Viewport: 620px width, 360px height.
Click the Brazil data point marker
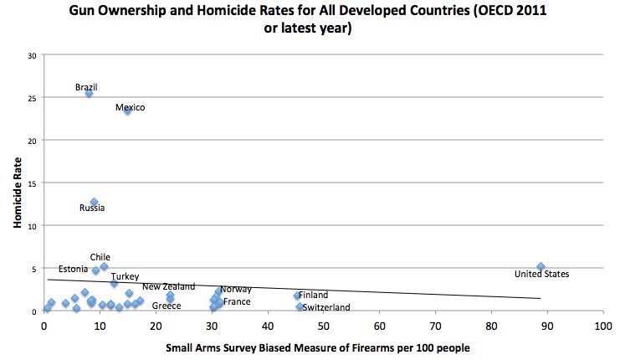pyautogui.click(x=89, y=93)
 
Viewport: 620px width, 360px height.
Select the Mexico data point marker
pyautogui.click(x=127, y=110)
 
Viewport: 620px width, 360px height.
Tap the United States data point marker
pyautogui.click(x=541, y=266)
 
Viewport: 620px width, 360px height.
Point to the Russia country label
pyautogui.click(x=92, y=208)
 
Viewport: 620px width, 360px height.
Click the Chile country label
pyautogui.click(x=100, y=257)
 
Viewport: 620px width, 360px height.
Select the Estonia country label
pyautogui.click(x=73, y=269)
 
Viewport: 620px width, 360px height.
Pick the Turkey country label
pyautogui.click(x=125, y=276)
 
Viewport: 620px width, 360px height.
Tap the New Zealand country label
pyautogui.click(x=168, y=286)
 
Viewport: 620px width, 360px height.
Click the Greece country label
pyautogui.click(x=167, y=306)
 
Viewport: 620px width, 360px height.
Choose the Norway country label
pyautogui.click(x=236, y=289)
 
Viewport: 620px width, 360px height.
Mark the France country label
pyautogui.click(x=237, y=301)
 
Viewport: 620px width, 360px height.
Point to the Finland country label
pyautogui.click(x=313, y=295)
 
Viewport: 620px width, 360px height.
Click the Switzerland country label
pyautogui.click(x=326, y=307)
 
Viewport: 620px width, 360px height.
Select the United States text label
pyautogui.click(x=541, y=274)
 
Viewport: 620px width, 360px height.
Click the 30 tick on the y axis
pyautogui.click(x=33, y=55)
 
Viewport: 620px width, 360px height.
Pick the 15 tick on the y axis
pyautogui.click(x=33, y=183)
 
